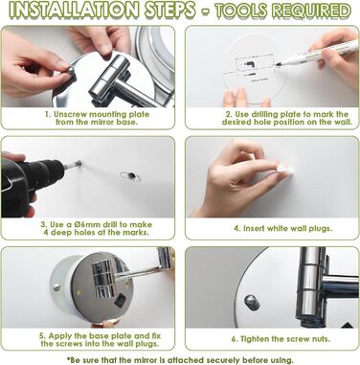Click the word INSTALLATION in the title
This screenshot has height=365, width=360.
point(74,11)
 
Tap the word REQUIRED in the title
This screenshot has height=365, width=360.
point(313,11)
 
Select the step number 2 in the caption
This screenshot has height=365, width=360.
point(228,114)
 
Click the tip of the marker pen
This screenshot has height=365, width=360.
point(277,65)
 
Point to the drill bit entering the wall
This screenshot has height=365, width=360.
point(73,165)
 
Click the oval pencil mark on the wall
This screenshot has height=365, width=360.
point(130,176)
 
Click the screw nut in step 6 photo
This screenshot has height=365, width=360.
point(251,301)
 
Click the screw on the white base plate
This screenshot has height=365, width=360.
point(56,286)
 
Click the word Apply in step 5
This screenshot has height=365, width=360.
point(60,336)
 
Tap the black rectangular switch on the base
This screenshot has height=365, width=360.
point(120,301)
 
